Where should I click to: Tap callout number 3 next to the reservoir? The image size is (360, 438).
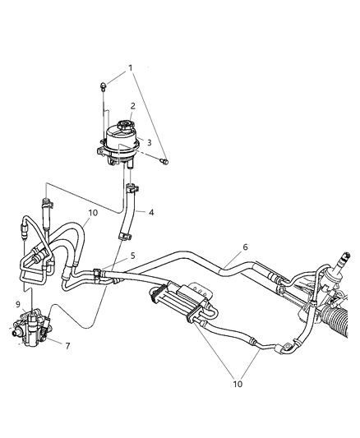click(x=150, y=141)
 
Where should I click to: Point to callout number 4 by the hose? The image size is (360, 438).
click(x=152, y=212)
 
